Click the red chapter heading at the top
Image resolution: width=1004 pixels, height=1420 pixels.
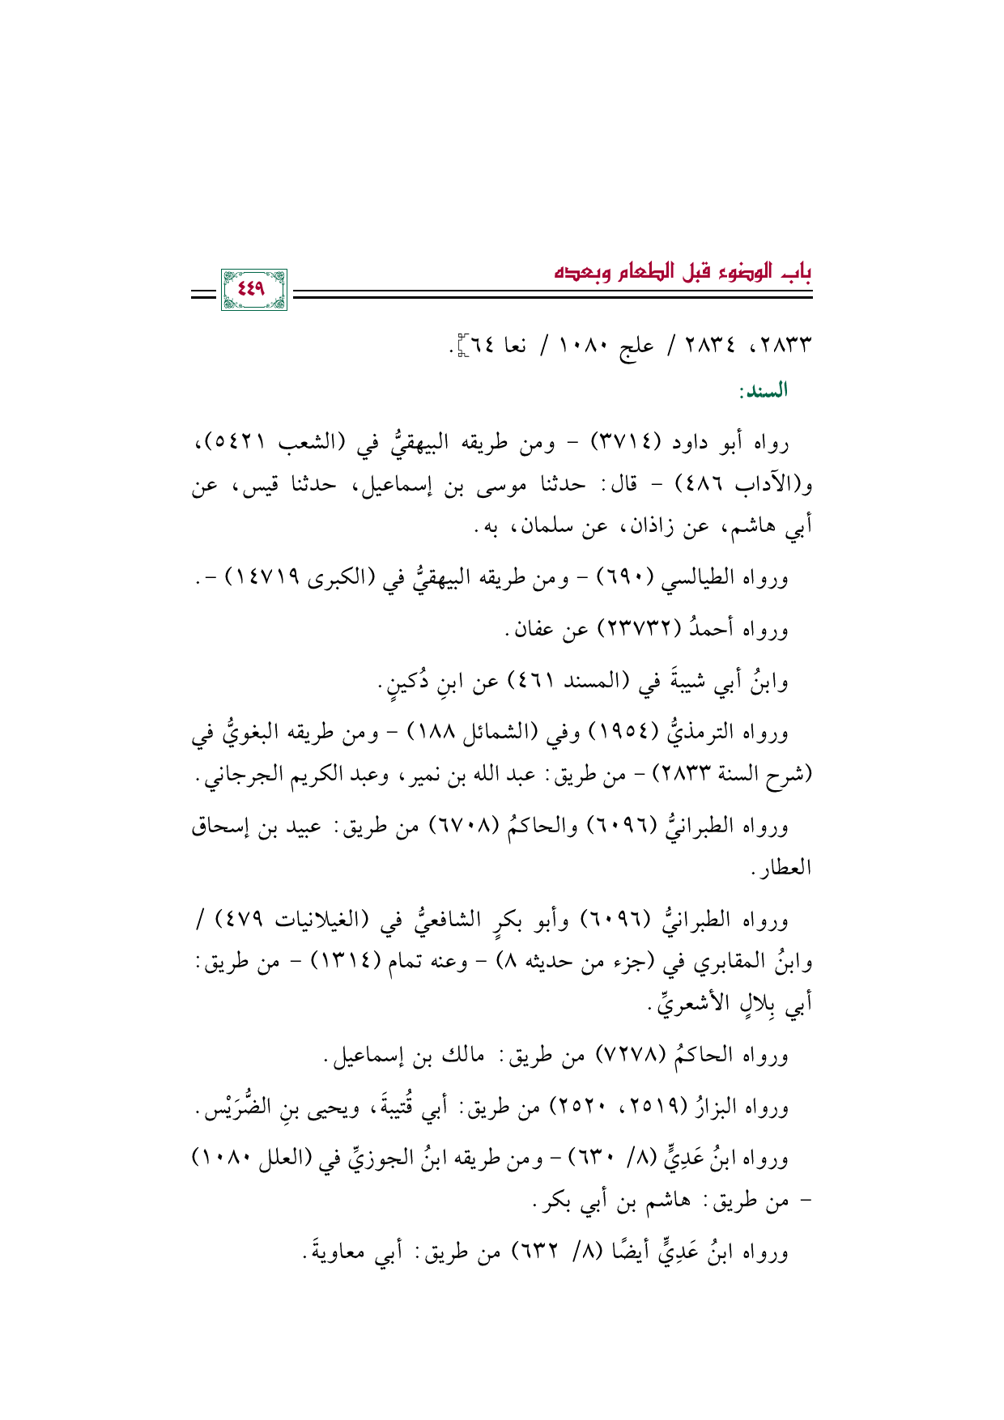pos(683,270)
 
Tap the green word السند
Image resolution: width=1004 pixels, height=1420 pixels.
pos(763,392)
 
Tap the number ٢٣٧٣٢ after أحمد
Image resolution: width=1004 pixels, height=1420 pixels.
pos(629,629)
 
